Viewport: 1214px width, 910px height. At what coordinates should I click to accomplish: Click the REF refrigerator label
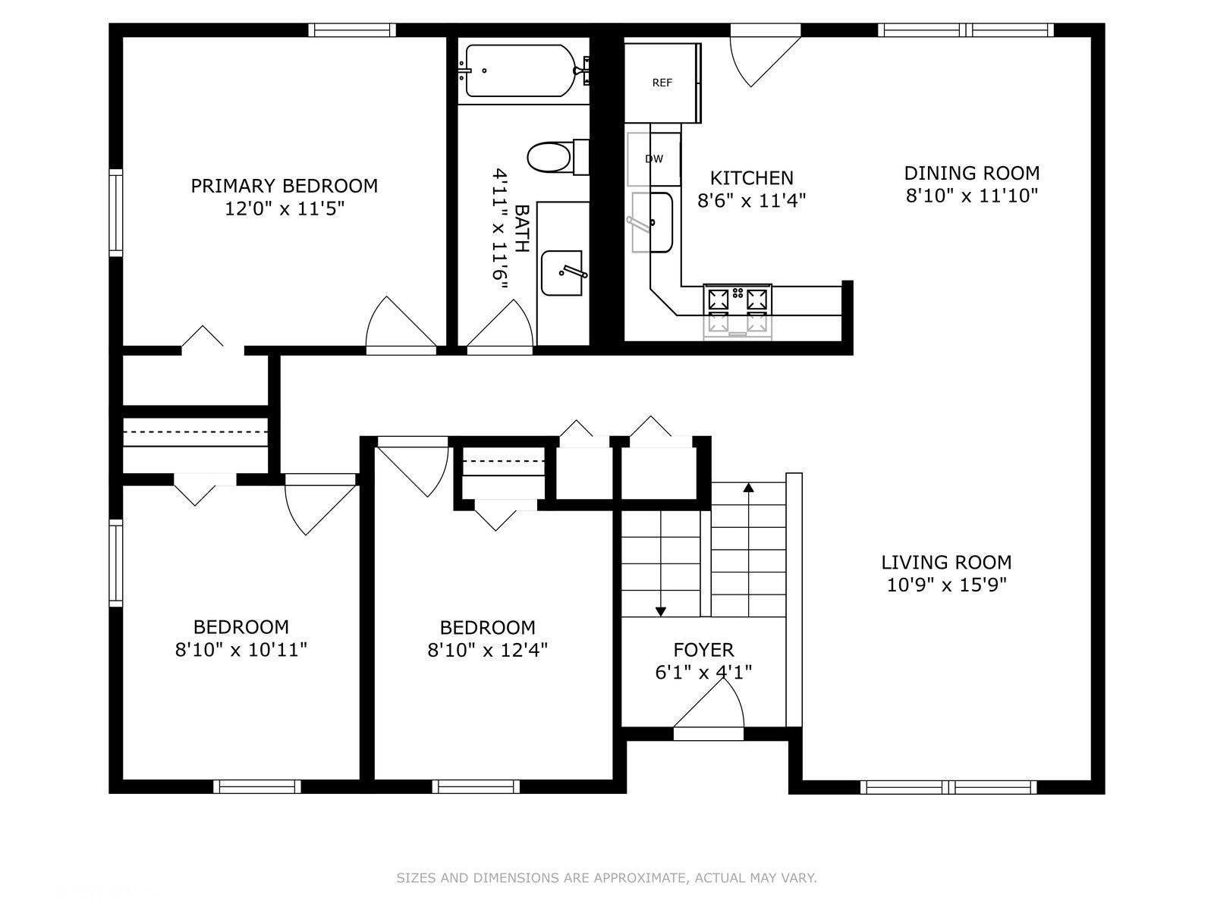pyautogui.click(x=662, y=83)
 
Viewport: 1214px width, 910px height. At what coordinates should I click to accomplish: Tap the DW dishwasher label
pyautogui.click(x=654, y=159)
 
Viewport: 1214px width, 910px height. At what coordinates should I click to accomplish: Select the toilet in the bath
pyautogui.click(x=558, y=158)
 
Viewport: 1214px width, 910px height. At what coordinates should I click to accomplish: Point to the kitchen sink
pyautogui.click(x=653, y=222)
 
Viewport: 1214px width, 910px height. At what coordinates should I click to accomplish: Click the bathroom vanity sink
pyautogui.click(x=563, y=273)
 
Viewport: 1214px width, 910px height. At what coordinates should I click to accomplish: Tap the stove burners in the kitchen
pyautogui.click(x=738, y=312)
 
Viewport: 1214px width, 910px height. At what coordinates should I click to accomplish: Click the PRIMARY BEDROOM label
pyautogui.click(x=285, y=186)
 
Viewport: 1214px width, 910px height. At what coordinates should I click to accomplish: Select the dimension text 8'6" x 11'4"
pyautogui.click(x=752, y=200)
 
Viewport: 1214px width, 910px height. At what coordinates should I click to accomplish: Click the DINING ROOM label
pyautogui.click(x=972, y=174)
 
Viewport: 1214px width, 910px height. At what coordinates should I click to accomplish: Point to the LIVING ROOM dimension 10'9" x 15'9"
pyautogui.click(x=946, y=585)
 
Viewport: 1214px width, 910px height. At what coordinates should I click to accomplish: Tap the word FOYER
pyautogui.click(x=703, y=649)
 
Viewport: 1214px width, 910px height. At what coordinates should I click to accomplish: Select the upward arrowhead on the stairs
pyautogui.click(x=748, y=487)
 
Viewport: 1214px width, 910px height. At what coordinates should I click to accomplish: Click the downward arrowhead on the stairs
pyautogui.click(x=660, y=612)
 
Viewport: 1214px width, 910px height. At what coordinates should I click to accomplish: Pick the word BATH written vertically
pyautogui.click(x=521, y=229)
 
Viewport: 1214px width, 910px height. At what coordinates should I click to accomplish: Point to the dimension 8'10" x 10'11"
pyautogui.click(x=241, y=650)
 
